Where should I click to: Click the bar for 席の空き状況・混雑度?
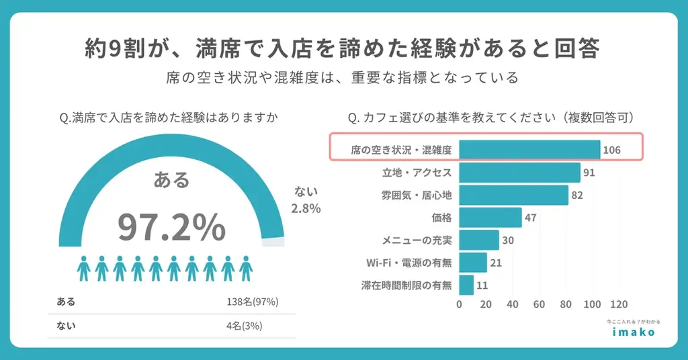pos(529,149)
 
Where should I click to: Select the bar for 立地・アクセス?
pos(519,173)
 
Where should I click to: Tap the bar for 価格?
pos(490,218)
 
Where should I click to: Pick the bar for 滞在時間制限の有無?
pos(466,285)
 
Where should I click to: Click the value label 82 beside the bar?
pos(576,195)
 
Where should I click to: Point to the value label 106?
pos(611,150)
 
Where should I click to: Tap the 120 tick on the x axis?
pos(618,304)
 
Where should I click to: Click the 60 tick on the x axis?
pos(539,304)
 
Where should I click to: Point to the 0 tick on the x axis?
pos(460,304)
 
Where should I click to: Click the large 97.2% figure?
pos(171,227)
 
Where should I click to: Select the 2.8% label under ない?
pos(306,208)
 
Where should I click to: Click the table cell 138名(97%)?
pos(253,302)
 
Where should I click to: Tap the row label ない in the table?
pos(66,326)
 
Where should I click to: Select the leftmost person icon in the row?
pos(84,268)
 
